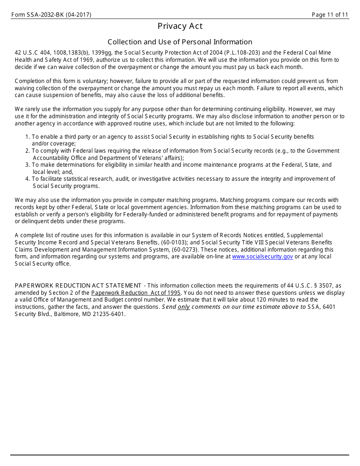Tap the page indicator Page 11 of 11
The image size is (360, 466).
330,15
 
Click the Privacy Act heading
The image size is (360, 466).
180,26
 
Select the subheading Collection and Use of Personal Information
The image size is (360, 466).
180,42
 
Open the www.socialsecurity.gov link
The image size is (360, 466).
262,256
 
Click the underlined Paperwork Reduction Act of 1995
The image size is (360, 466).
136,293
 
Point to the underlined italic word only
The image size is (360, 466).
184,307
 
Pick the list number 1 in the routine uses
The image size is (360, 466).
27,137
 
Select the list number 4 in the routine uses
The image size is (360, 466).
27,179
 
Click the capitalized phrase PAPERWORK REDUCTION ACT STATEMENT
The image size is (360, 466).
78,286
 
